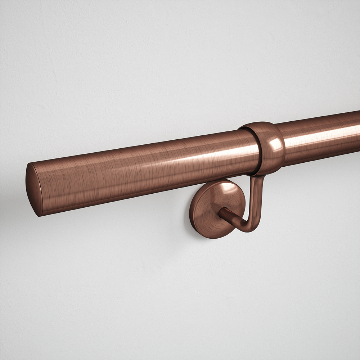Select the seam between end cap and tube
pyautogui.click(x=41, y=189)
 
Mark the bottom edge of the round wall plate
pyautogui.click(x=212, y=237)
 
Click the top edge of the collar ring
pyautogui.click(x=257, y=124)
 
